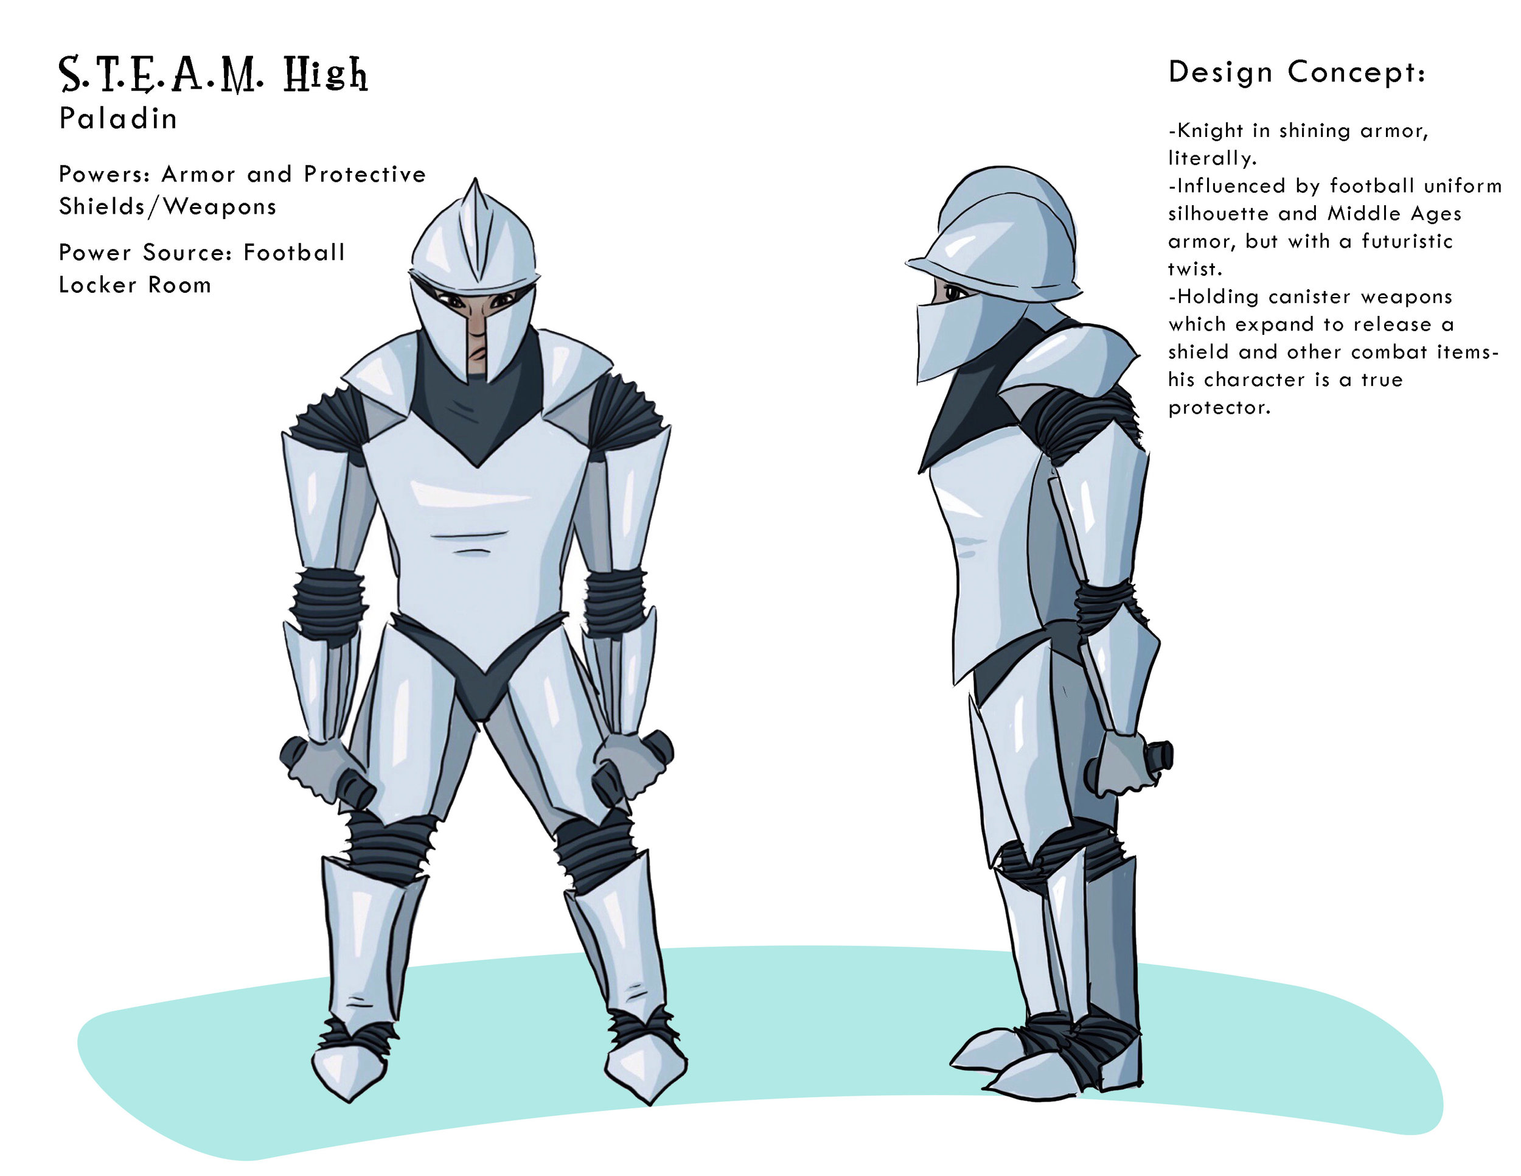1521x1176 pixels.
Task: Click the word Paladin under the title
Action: click(117, 119)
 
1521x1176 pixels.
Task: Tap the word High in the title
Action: click(325, 75)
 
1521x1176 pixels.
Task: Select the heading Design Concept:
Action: click(1297, 72)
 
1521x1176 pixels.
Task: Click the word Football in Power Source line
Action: click(294, 252)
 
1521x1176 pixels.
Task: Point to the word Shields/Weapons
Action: click(167, 207)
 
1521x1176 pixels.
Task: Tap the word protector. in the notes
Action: click(1219, 408)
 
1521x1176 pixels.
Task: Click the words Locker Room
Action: click(134, 285)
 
